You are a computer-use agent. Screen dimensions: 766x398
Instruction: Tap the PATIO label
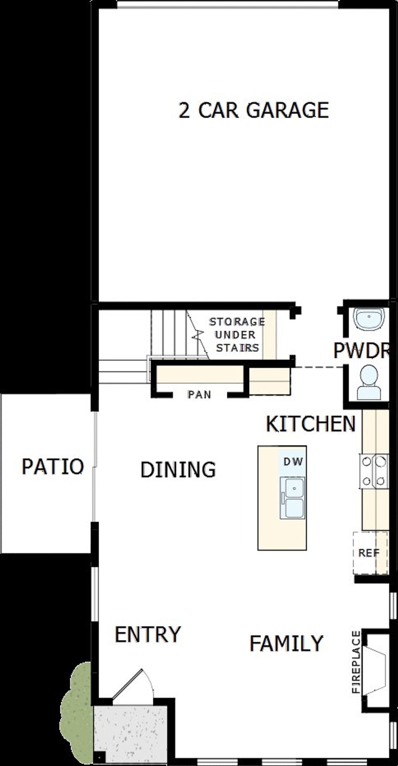click(53, 466)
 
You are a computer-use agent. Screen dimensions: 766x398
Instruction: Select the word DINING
click(178, 469)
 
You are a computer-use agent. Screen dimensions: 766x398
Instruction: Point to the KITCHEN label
click(310, 424)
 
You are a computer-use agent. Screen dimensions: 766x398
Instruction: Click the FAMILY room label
click(286, 643)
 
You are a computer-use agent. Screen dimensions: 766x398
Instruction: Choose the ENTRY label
click(148, 634)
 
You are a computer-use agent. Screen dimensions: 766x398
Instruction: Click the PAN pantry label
click(199, 395)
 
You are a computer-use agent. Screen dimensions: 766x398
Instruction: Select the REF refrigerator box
click(370, 553)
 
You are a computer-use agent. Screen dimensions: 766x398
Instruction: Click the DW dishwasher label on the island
click(293, 462)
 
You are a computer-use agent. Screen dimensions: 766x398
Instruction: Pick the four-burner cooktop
click(374, 471)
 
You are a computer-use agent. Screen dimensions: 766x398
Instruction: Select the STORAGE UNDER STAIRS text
click(237, 335)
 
